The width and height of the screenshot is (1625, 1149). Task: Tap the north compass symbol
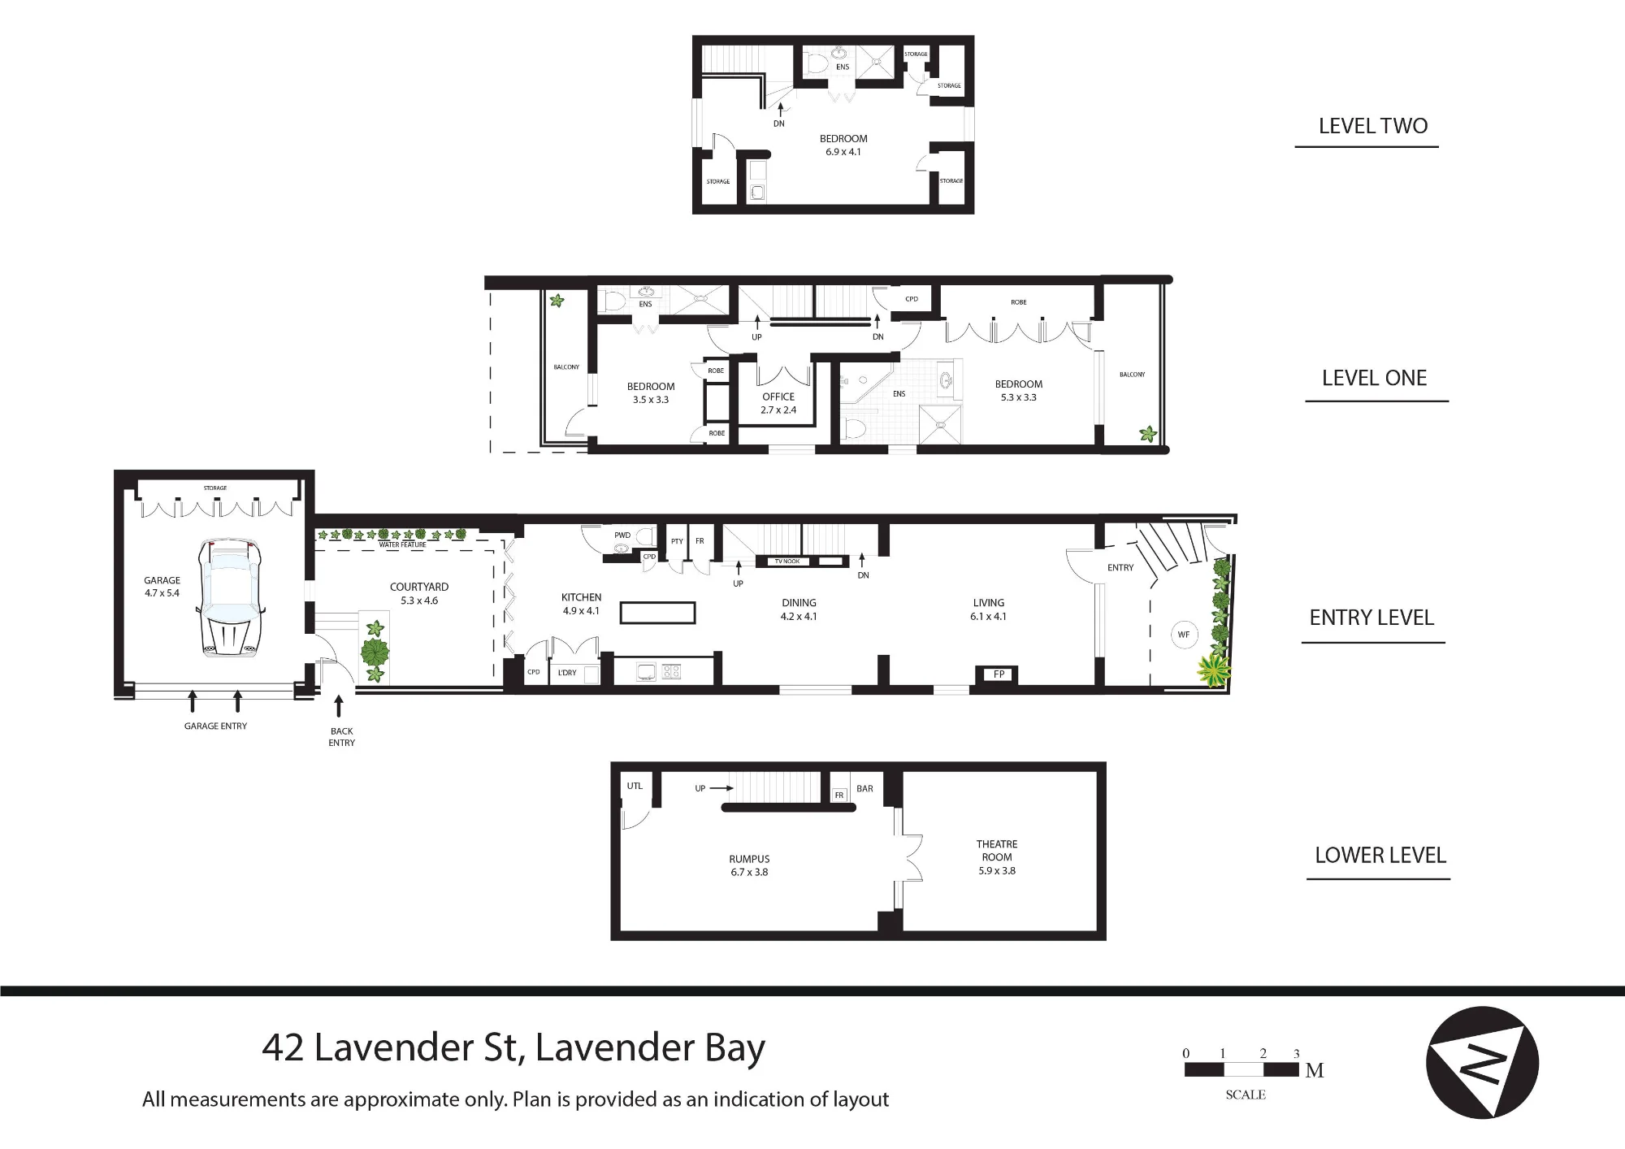pyautogui.click(x=1483, y=1062)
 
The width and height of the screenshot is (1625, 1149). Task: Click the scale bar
pyautogui.click(x=1241, y=1069)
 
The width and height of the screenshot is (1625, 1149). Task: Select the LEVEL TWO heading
pyautogui.click(x=1373, y=126)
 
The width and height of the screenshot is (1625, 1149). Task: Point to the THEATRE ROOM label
pyautogui.click(x=997, y=851)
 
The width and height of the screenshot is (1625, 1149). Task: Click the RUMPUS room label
pyautogui.click(x=749, y=859)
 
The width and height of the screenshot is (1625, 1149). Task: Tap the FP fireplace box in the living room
pyautogui.click(x=999, y=674)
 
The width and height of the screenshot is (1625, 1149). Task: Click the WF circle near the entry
pyautogui.click(x=1184, y=635)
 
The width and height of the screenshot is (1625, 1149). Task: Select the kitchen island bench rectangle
pyautogui.click(x=657, y=612)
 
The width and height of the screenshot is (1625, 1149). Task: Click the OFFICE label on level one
pyautogui.click(x=778, y=397)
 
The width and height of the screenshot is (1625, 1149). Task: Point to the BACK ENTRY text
pyautogui.click(x=342, y=737)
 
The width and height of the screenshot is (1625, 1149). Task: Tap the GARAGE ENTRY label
pyautogui.click(x=215, y=726)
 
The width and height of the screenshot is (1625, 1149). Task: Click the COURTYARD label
pyautogui.click(x=419, y=587)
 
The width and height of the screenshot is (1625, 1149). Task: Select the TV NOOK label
pyautogui.click(x=787, y=561)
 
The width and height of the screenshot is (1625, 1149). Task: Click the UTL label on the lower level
pyautogui.click(x=635, y=786)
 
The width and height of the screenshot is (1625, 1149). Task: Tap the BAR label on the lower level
pyautogui.click(x=864, y=788)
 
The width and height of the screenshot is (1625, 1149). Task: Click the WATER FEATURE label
pyautogui.click(x=402, y=544)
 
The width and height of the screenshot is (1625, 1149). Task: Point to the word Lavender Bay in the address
pyautogui.click(x=650, y=1048)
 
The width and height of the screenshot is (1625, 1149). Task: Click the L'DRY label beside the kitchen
pyautogui.click(x=567, y=673)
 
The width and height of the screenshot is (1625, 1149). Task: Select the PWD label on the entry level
pyautogui.click(x=622, y=535)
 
